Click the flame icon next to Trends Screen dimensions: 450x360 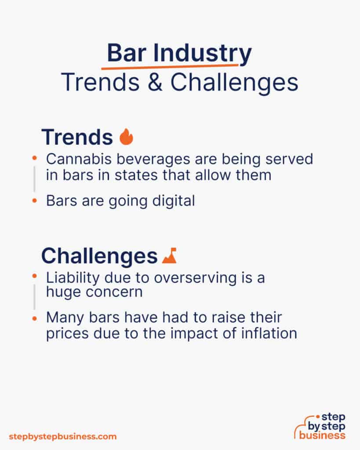point(126,137)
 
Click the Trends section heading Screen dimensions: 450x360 point(77,138)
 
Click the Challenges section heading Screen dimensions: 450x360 point(99,256)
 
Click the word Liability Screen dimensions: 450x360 point(71,277)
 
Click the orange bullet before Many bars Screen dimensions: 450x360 point(34,317)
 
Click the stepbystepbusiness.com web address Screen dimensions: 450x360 point(62,436)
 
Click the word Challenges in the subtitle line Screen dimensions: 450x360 point(234,83)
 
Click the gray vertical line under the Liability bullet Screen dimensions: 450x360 point(34,297)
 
